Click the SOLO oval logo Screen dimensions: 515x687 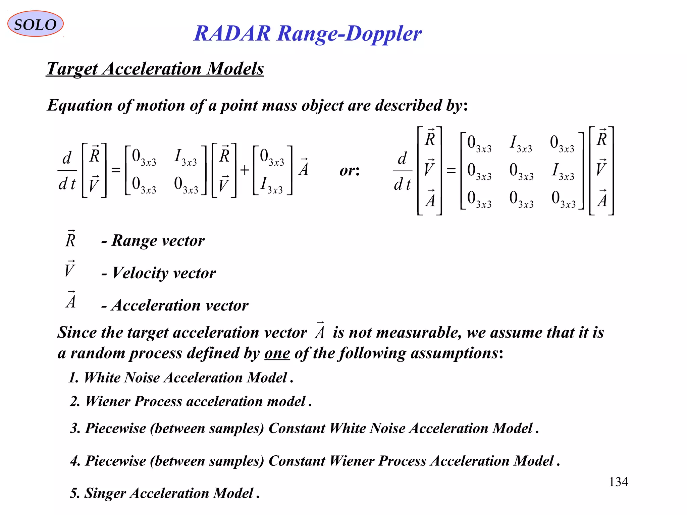35,24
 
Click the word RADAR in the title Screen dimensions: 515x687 232,34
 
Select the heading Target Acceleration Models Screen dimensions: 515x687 155,69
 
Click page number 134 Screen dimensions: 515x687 618,482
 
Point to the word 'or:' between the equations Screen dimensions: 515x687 350,171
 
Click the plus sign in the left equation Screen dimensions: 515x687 245,170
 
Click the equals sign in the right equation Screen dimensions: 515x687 451,171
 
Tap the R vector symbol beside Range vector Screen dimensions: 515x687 70,239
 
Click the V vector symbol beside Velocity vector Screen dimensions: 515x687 69,269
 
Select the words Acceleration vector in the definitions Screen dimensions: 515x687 180,305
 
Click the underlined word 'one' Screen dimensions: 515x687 277,353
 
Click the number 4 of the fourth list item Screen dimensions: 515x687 74,461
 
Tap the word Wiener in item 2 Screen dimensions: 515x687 108,401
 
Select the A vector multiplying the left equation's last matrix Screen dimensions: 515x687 304,168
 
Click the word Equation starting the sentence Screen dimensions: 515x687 80,106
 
